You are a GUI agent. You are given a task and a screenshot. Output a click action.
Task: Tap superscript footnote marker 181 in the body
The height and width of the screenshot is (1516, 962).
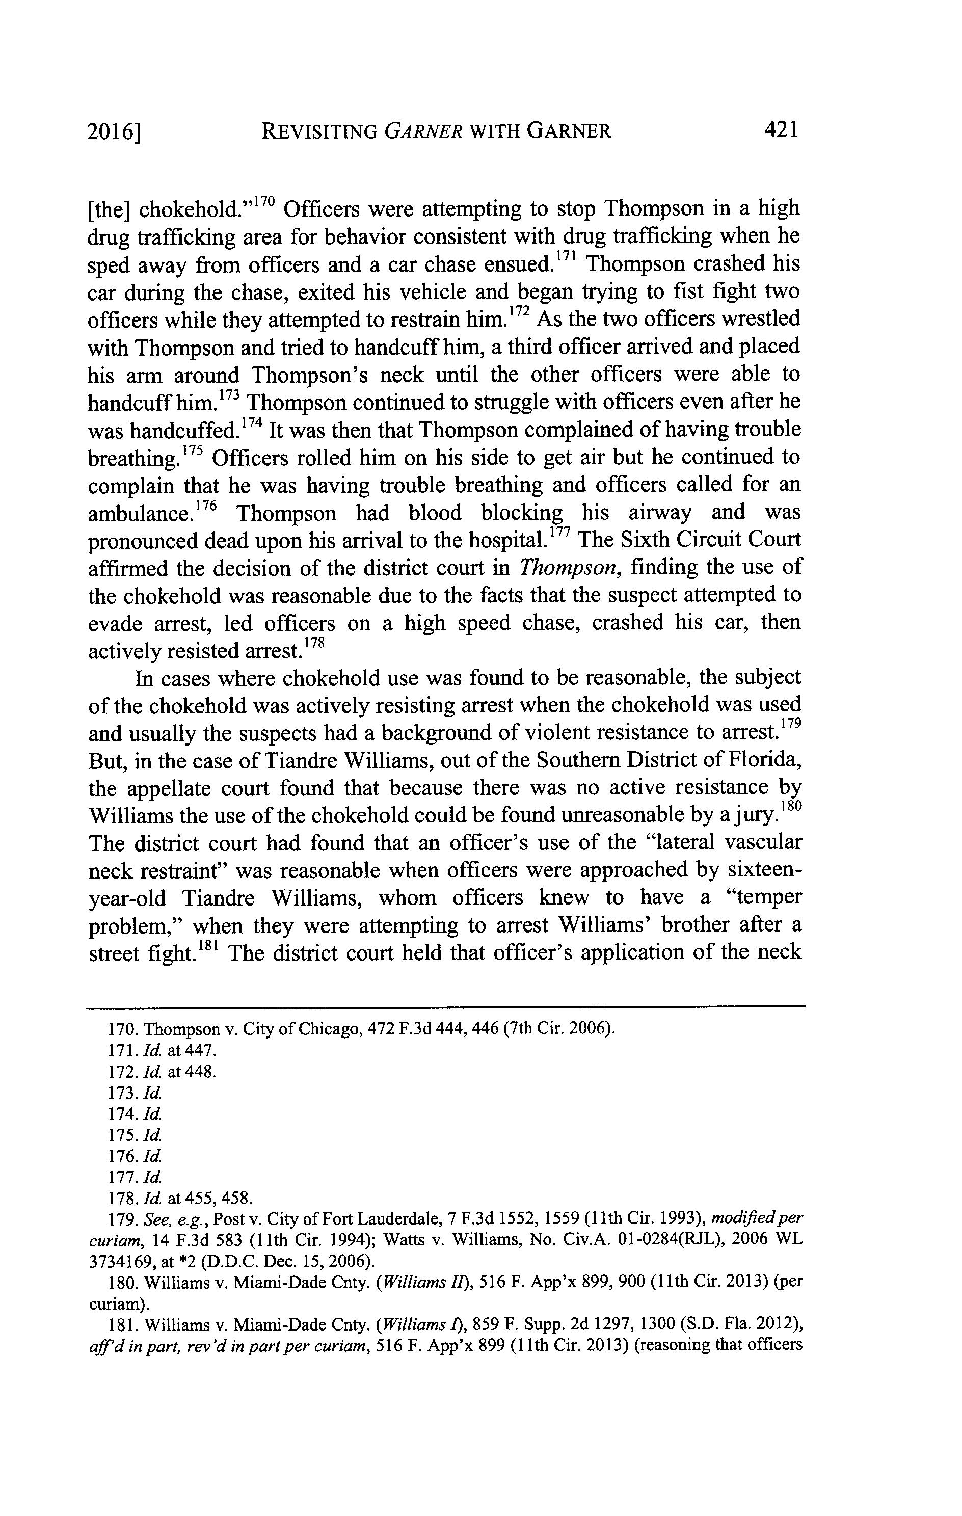click(x=208, y=946)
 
